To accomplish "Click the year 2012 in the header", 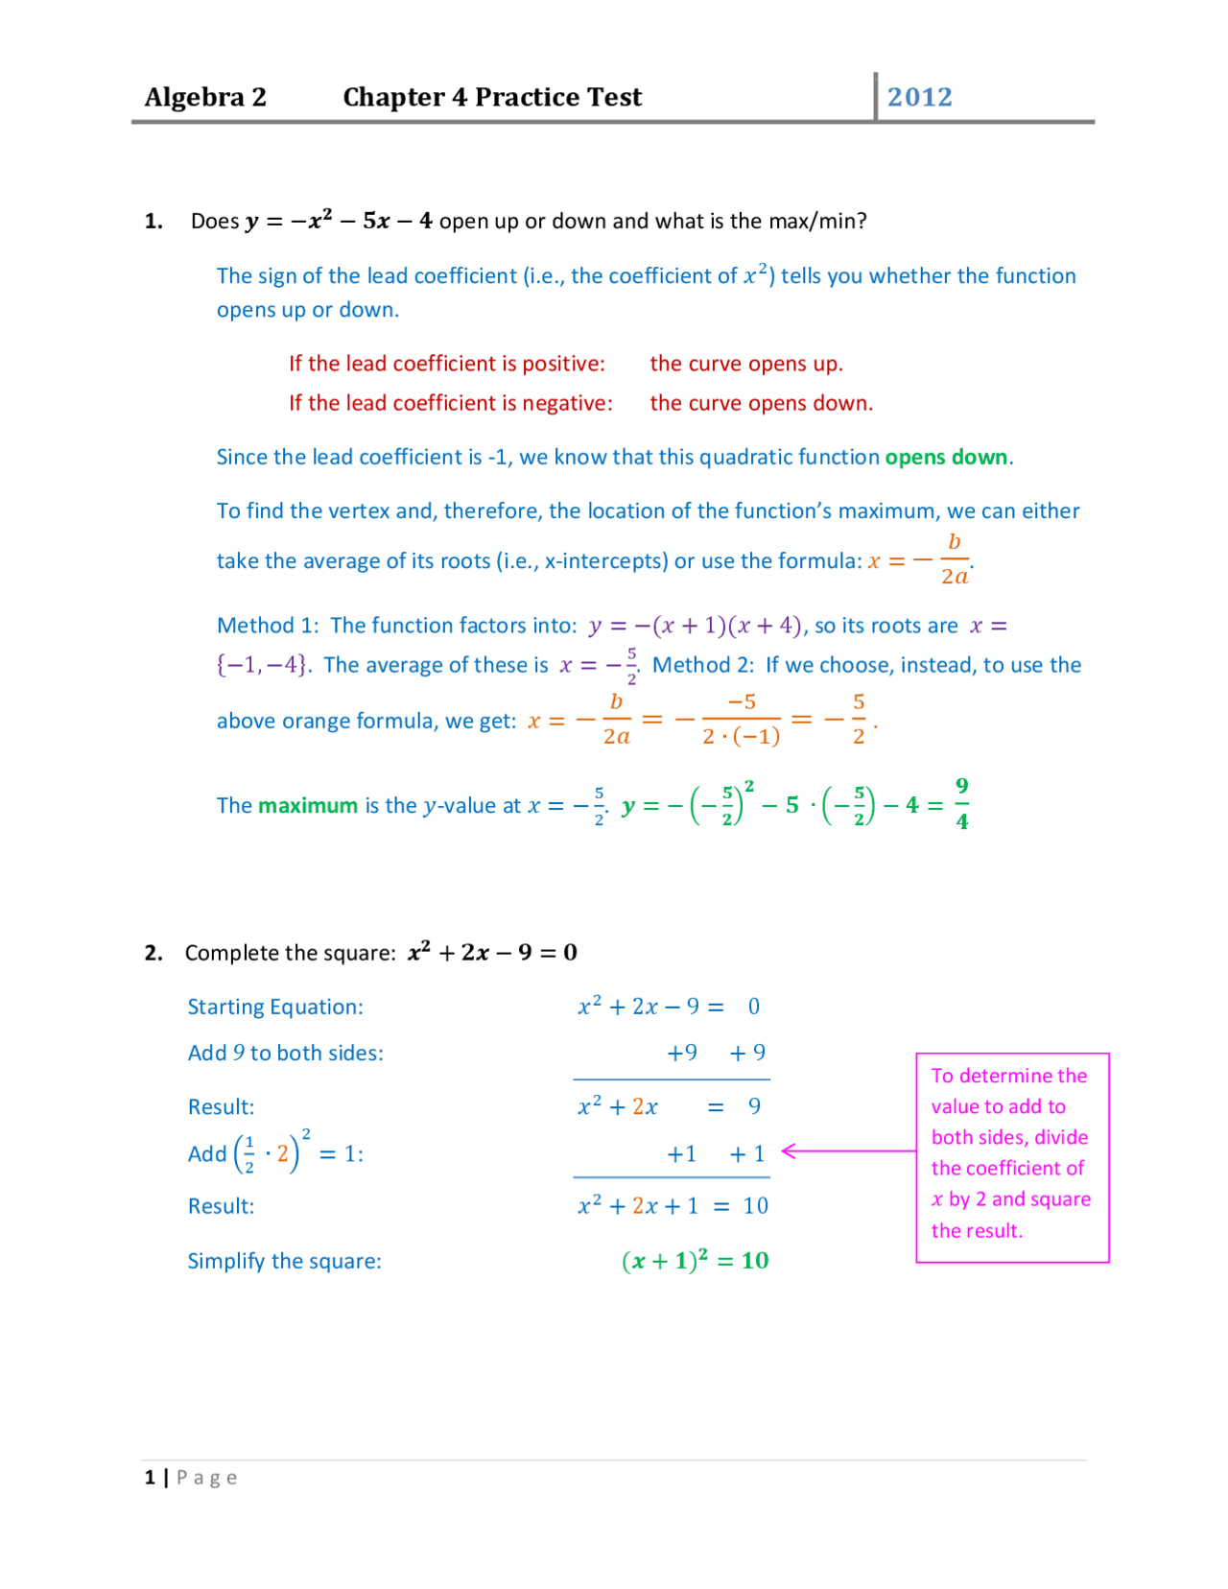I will (919, 97).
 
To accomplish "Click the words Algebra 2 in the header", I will (205, 97).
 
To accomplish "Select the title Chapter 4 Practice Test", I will (492, 97).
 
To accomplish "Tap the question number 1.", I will (153, 222).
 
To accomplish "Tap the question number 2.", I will (153, 953).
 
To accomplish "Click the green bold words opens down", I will (946, 457).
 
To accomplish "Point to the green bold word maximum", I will (308, 806).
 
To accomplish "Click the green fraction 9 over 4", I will (961, 804).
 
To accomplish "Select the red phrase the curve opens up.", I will (746, 364).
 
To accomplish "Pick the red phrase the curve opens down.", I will (761, 403).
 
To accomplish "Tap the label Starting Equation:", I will (275, 1007).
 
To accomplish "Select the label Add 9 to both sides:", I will (285, 1053).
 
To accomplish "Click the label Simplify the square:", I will (284, 1261).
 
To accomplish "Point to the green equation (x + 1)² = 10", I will (696, 1261).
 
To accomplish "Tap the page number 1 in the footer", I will (150, 1478).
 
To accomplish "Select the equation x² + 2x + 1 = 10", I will (673, 1206).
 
